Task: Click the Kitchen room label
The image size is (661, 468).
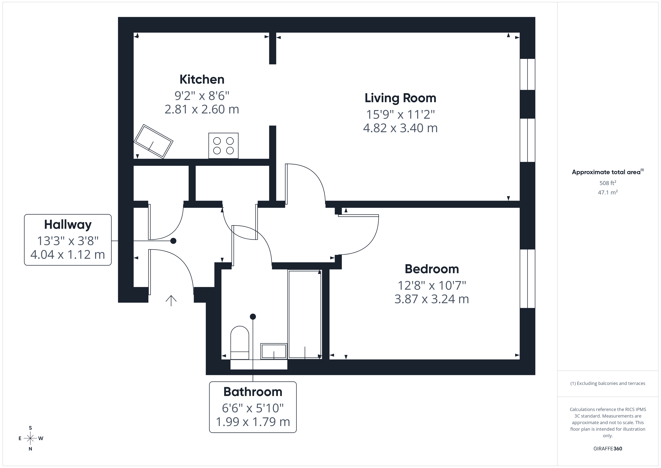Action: (202, 79)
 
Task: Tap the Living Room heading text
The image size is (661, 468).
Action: (400, 98)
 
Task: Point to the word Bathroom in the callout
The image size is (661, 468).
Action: (253, 392)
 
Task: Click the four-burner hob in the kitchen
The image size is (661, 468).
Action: (223, 145)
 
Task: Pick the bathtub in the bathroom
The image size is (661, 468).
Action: (305, 314)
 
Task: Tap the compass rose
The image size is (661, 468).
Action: (30, 438)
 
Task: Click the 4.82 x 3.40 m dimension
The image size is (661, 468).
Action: (400, 128)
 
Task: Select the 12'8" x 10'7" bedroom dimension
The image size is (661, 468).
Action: (431, 286)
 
